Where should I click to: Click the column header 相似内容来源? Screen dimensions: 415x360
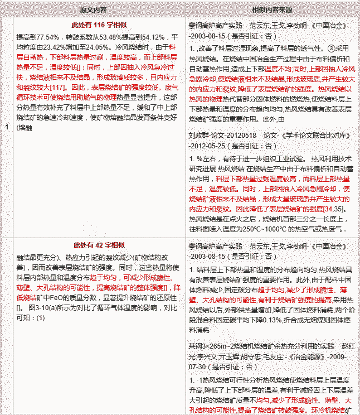(273, 11)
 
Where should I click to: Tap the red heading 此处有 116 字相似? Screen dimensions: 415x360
(98, 26)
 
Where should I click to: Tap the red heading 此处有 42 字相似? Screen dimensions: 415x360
(99, 245)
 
